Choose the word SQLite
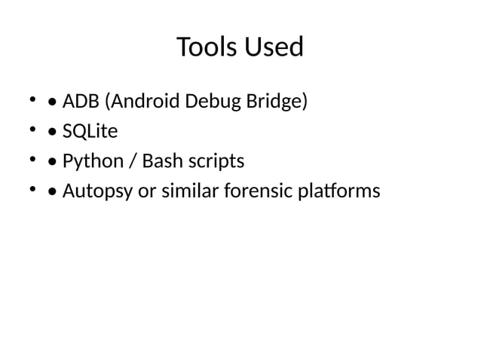(90, 132)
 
